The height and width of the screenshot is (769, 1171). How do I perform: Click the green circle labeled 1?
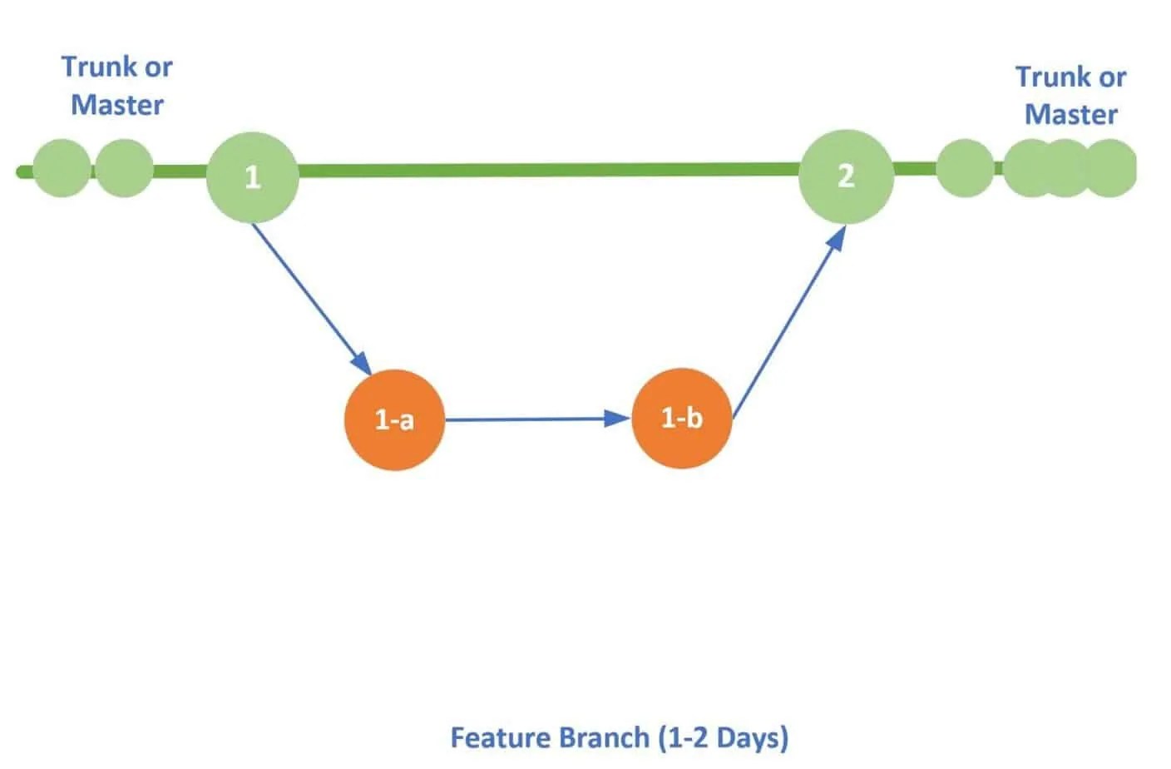click(x=252, y=176)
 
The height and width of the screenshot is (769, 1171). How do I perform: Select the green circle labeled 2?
click(x=846, y=176)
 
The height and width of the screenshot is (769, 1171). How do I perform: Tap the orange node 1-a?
click(x=394, y=419)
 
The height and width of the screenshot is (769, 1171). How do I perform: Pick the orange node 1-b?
click(x=681, y=418)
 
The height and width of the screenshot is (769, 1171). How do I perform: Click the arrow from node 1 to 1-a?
click(x=309, y=296)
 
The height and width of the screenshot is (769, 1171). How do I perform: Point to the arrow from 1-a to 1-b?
click(x=532, y=419)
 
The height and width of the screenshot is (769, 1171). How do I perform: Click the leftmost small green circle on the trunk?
click(x=62, y=168)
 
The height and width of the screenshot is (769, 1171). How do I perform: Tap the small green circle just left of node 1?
click(x=124, y=168)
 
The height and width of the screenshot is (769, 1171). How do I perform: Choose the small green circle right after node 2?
click(x=965, y=168)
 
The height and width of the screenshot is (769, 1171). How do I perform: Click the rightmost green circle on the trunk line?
click(x=1112, y=168)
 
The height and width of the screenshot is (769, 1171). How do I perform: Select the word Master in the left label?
click(x=116, y=105)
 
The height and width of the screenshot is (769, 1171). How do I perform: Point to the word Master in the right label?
click(x=1070, y=114)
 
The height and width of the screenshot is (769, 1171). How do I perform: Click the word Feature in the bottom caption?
click(x=501, y=738)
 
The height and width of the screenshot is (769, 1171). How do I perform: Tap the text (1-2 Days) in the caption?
click(x=723, y=738)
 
